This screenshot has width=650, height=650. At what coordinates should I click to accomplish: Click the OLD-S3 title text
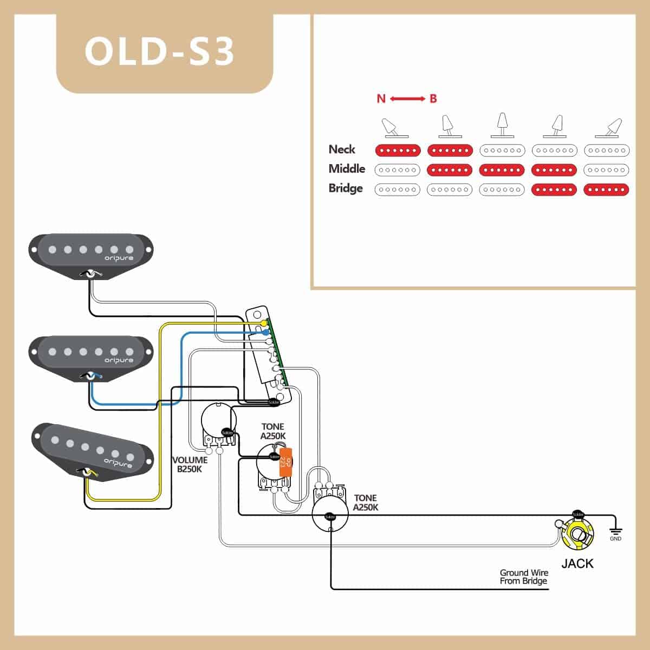pyautogui.click(x=160, y=51)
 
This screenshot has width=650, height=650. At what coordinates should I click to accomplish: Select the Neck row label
pyautogui.click(x=342, y=149)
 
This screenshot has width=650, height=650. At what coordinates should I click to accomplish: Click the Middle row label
pyautogui.click(x=347, y=169)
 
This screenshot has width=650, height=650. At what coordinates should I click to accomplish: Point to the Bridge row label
pyautogui.click(x=345, y=188)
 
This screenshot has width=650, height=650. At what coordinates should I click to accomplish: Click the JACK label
pyautogui.click(x=577, y=563)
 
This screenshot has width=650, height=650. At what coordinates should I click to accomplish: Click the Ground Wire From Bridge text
pyautogui.click(x=523, y=577)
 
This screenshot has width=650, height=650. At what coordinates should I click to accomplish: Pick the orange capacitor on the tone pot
pyautogui.click(x=285, y=461)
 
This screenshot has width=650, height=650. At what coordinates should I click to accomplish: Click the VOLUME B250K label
pyautogui.click(x=190, y=465)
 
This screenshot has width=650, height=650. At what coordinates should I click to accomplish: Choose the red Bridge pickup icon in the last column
pyautogui.click(x=606, y=190)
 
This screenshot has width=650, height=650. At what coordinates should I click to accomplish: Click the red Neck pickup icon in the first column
pyautogui.click(x=398, y=150)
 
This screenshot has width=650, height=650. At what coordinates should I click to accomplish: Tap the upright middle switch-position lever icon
pyautogui.click(x=502, y=125)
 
